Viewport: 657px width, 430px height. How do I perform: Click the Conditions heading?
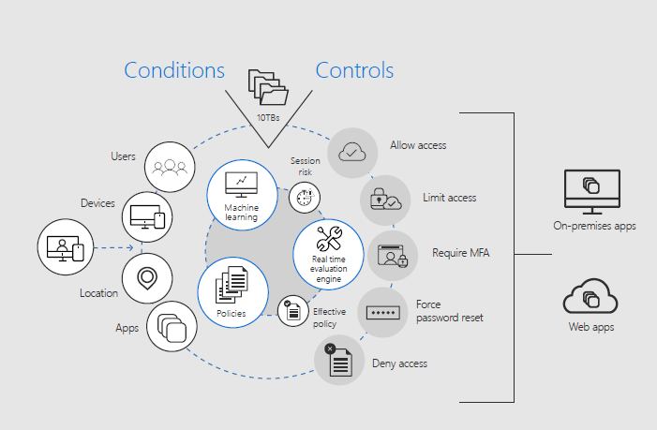[174, 70]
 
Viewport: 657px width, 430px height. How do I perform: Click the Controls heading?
[354, 70]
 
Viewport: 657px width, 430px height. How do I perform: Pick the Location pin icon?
[146, 277]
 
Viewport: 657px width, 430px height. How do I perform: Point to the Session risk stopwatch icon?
[302, 196]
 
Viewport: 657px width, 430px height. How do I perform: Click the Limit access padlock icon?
[386, 199]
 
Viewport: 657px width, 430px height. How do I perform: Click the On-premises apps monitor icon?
[591, 193]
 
